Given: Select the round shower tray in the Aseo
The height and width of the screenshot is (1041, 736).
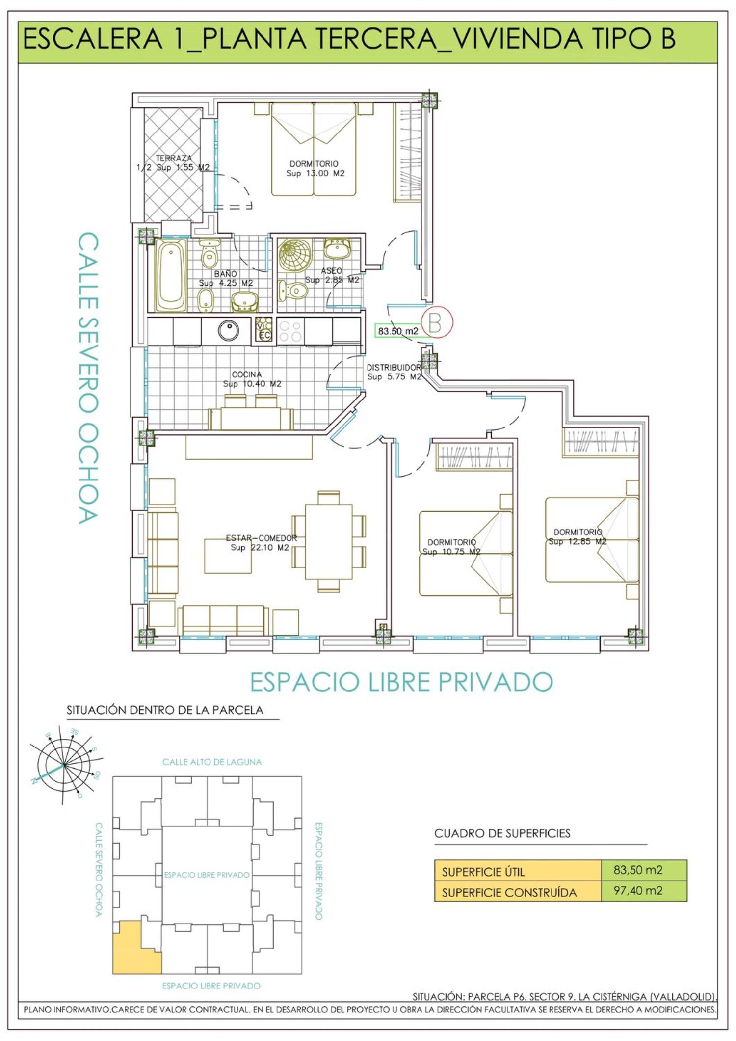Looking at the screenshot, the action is click(295, 255).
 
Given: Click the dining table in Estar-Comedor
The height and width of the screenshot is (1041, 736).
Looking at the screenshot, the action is click(329, 542).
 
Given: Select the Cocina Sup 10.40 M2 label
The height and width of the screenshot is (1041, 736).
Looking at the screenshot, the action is click(252, 379).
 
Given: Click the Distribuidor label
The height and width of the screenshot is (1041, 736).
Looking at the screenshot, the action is click(394, 367).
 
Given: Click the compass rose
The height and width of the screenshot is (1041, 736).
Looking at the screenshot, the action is click(64, 766).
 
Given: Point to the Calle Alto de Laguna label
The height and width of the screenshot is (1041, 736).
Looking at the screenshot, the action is click(212, 762).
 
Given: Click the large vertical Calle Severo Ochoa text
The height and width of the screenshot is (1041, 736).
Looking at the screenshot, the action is click(88, 378).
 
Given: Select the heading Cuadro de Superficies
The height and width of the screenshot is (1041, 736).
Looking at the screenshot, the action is click(502, 833).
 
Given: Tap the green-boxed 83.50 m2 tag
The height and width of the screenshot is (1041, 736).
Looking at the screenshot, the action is click(398, 331).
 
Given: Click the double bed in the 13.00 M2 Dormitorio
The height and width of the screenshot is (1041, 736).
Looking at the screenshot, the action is click(314, 149).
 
